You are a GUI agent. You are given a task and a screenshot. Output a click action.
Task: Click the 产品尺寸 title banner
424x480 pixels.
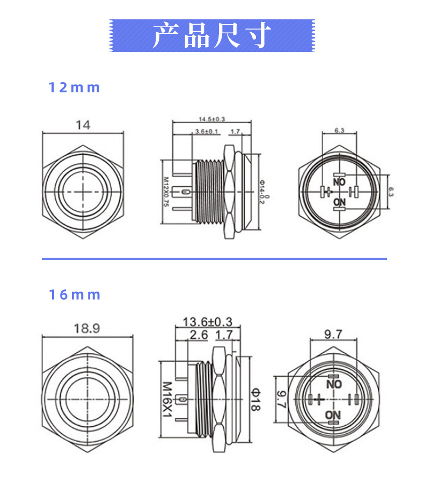click(211, 35)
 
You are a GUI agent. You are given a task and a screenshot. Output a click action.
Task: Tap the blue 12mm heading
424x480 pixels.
click(74, 88)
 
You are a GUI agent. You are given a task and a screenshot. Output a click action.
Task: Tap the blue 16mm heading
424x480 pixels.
click(75, 295)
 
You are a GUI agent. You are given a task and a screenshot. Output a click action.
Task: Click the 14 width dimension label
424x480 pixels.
click(83, 125)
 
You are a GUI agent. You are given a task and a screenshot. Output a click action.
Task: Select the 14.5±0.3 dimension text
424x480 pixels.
click(211, 119)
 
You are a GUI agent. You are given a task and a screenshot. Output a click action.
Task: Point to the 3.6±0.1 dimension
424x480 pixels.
click(207, 131)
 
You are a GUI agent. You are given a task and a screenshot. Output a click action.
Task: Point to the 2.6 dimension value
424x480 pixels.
click(199, 336)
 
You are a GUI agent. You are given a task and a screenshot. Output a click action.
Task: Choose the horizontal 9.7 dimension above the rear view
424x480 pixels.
click(333, 334)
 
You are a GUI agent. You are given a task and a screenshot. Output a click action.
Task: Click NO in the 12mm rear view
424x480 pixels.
click(339, 183)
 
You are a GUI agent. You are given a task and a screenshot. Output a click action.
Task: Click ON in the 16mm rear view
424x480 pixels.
click(333, 415)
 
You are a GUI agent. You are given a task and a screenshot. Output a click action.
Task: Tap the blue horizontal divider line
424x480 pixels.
click(214, 259)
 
